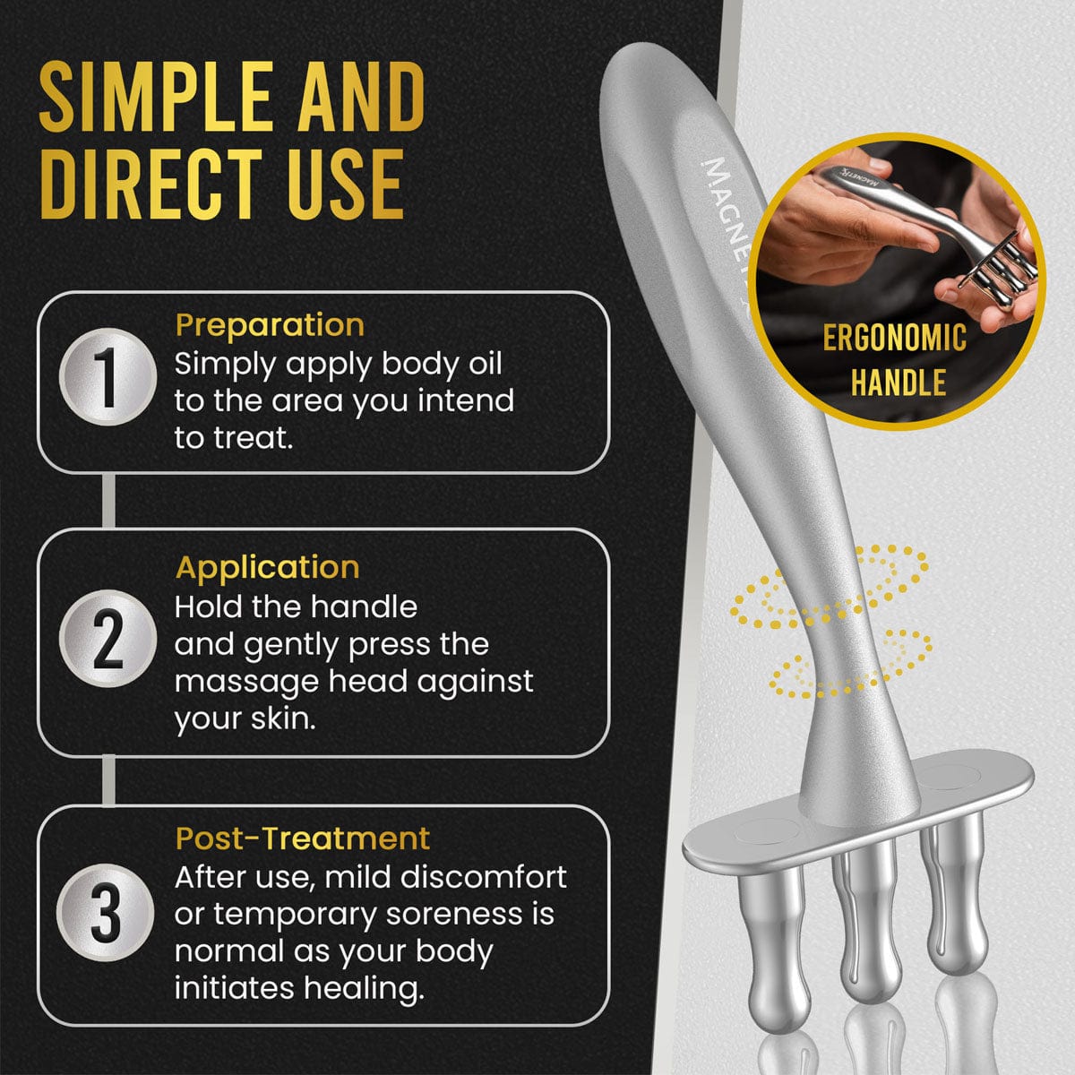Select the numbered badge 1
107,377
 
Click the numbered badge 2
107,638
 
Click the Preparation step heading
270,324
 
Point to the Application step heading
267,567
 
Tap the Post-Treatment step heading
303,838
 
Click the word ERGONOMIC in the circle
895,338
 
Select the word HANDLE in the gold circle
898,383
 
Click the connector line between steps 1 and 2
108,501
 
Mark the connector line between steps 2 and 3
108,780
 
